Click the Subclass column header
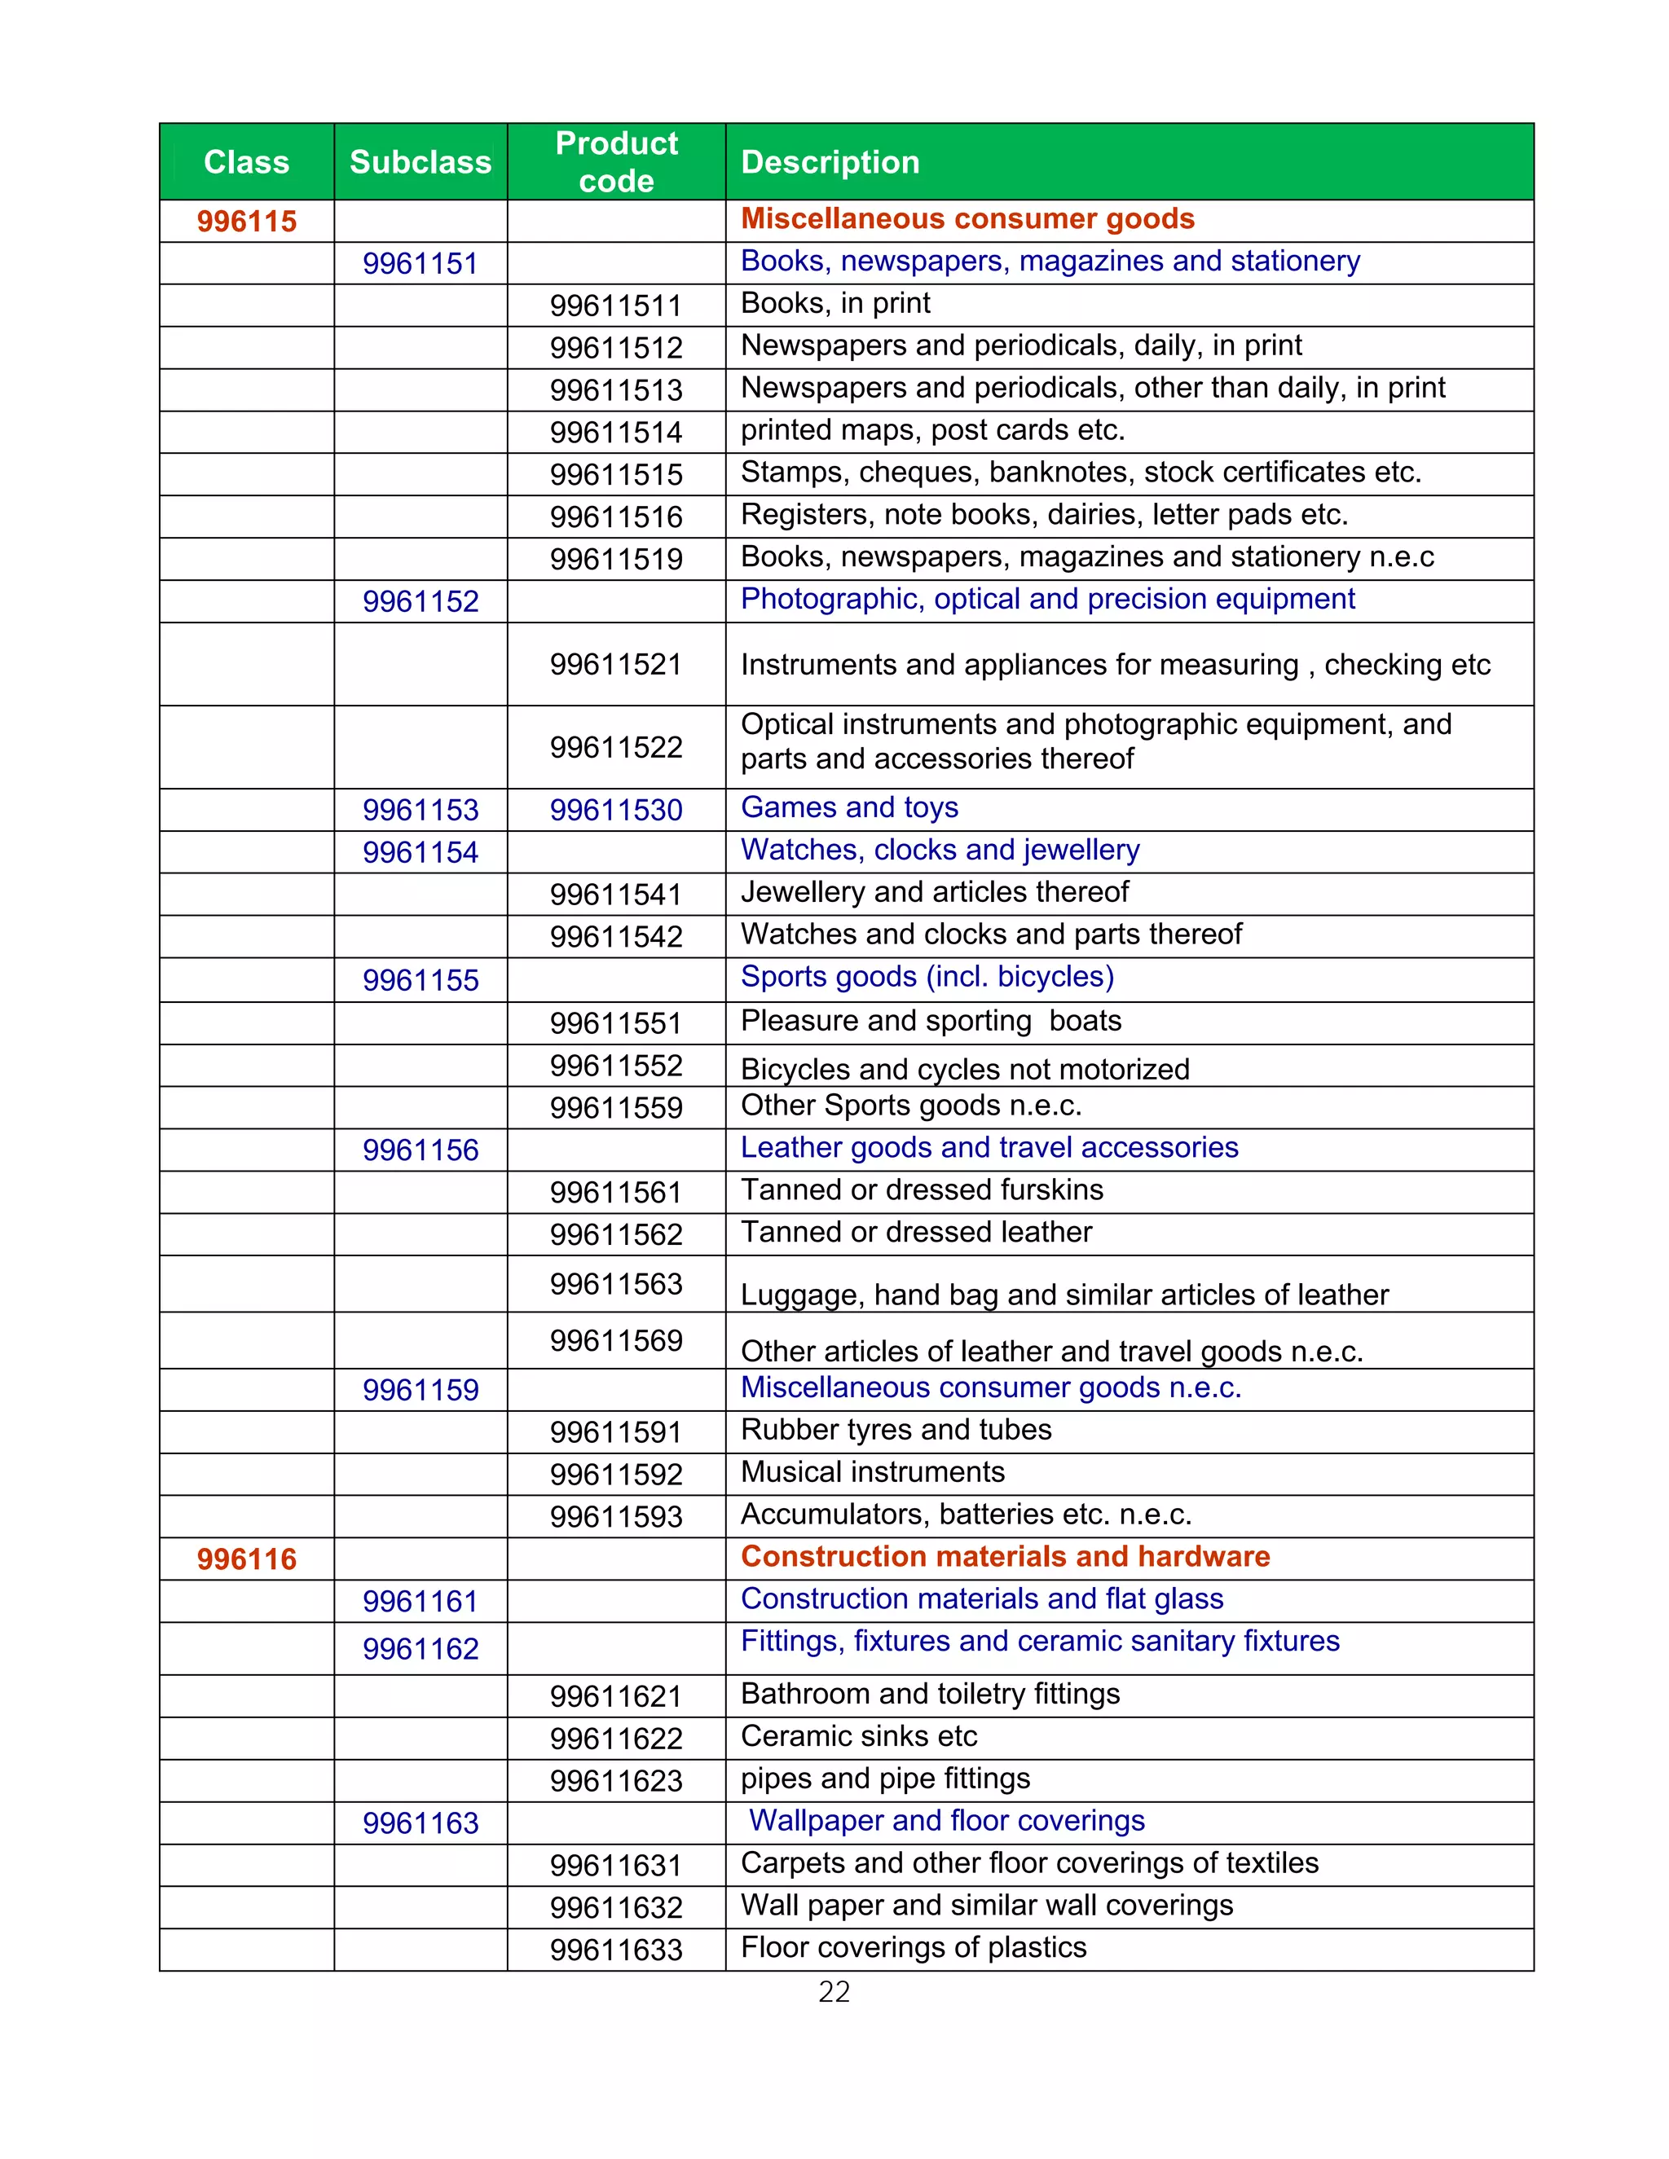click(x=421, y=162)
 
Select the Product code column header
click(x=616, y=162)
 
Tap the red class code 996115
click(x=246, y=222)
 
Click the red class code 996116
click(x=246, y=1559)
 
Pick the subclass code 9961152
click(x=421, y=601)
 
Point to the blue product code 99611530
click(x=616, y=810)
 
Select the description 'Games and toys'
click(x=849, y=807)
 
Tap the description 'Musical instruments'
click(x=872, y=1472)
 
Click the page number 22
click(x=834, y=1992)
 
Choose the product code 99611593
click(x=616, y=1516)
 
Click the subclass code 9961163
click(x=421, y=1823)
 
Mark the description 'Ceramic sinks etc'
click(x=858, y=1736)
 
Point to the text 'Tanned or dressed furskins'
click(x=922, y=1189)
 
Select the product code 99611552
click(x=616, y=1066)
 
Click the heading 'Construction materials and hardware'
click(x=1005, y=1556)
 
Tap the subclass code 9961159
click(x=421, y=1390)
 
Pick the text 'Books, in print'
click(x=835, y=304)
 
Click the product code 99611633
click(x=616, y=1950)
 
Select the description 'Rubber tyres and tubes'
click(x=896, y=1430)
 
